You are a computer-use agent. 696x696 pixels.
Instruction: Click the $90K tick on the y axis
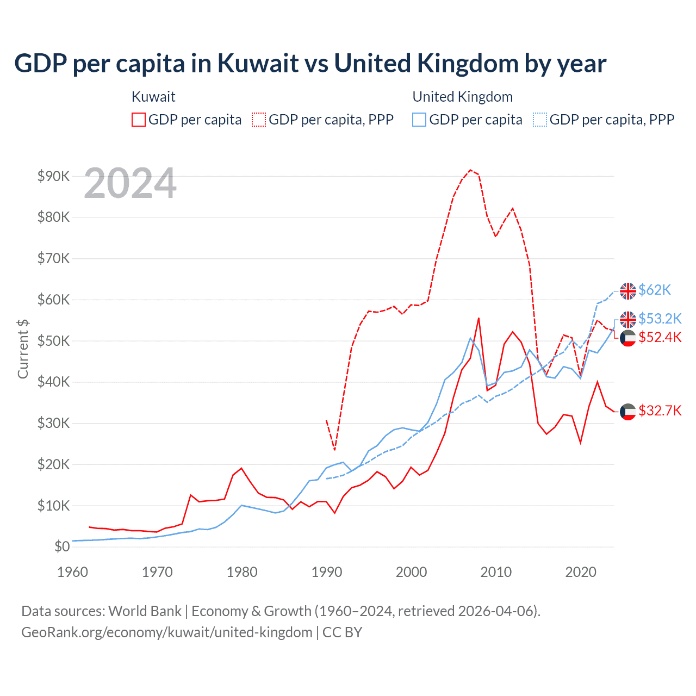(x=53, y=176)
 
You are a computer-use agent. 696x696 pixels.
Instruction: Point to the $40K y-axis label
(x=53, y=382)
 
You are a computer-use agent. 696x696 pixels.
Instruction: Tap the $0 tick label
(x=62, y=546)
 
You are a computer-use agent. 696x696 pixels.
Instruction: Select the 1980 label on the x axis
(x=242, y=571)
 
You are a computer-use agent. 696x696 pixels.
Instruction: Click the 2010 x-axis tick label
(x=496, y=571)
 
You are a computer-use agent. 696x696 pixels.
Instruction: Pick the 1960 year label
(x=72, y=571)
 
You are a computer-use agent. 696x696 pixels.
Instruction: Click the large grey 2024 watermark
(x=130, y=184)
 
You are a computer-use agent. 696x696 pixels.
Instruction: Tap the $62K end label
(x=655, y=290)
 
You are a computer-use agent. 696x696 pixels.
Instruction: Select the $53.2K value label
(x=660, y=318)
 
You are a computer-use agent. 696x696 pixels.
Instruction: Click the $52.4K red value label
(x=660, y=337)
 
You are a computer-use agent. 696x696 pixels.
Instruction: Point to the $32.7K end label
(x=660, y=411)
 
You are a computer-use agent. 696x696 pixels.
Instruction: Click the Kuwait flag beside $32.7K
(x=628, y=412)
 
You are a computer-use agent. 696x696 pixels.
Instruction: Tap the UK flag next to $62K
(x=628, y=291)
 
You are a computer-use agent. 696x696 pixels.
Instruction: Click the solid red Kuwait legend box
(x=139, y=120)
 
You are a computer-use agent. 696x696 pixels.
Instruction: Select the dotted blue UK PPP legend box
(x=540, y=120)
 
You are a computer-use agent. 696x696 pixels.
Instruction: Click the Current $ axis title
(x=23, y=349)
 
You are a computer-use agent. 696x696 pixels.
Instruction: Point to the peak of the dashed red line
(x=470, y=170)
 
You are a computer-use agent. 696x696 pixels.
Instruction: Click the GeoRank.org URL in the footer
(x=166, y=632)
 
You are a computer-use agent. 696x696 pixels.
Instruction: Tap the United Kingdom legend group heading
(x=462, y=97)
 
